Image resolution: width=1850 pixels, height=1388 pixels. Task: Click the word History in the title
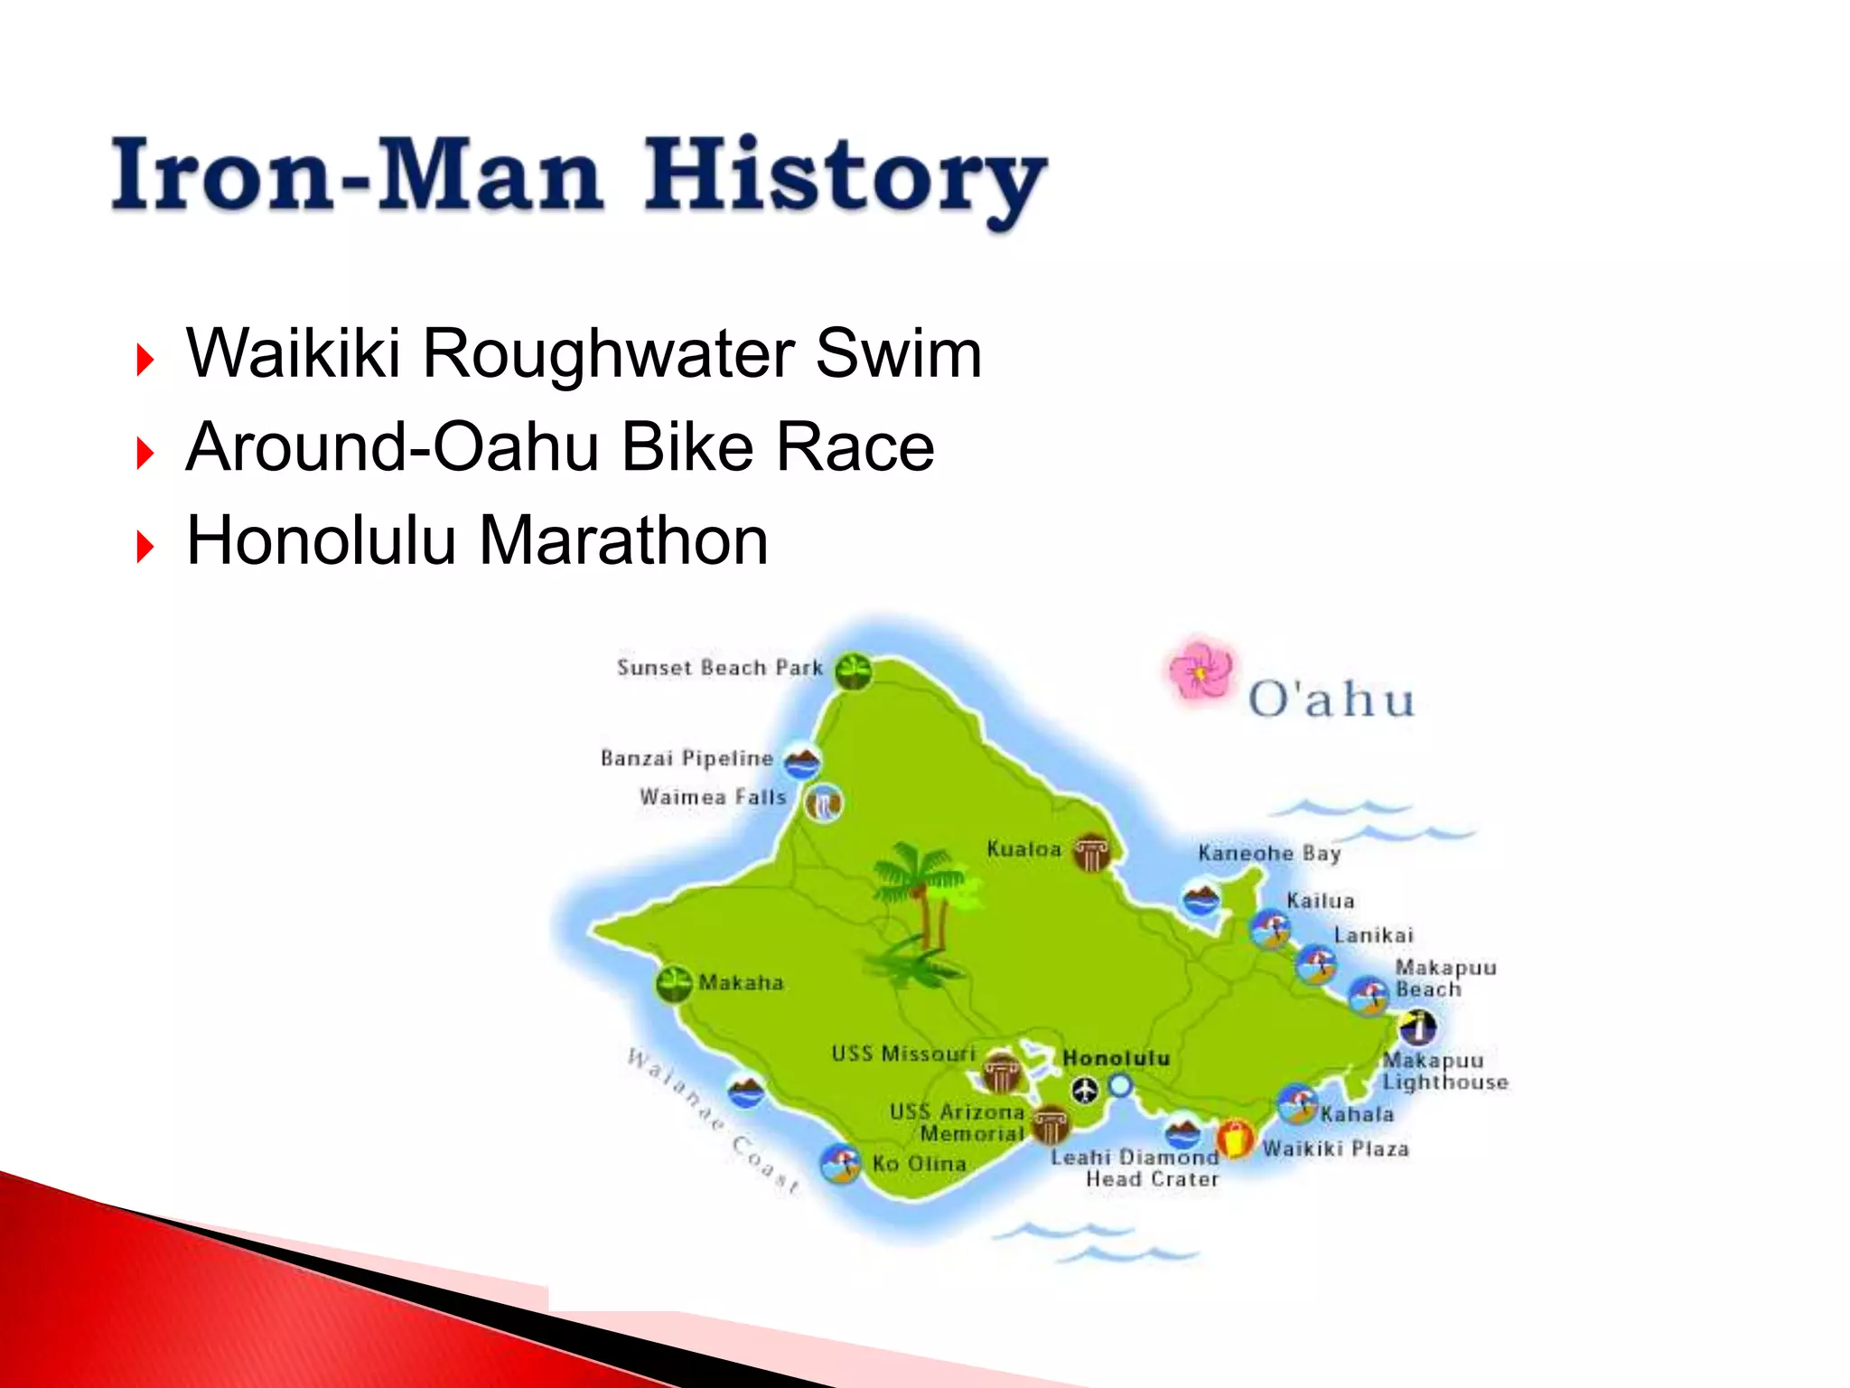[x=845, y=176]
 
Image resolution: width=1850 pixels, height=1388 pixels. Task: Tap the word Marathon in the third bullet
[x=623, y=540]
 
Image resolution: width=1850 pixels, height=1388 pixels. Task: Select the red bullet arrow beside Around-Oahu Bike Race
[x=145, y=452]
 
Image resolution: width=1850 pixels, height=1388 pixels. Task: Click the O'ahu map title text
[x=1331, y=699]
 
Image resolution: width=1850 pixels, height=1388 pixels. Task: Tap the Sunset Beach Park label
[x=720, y=668]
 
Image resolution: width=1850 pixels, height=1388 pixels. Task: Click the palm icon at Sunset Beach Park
[x=853, y=671]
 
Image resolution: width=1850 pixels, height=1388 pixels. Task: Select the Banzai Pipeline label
[x=687, y=758]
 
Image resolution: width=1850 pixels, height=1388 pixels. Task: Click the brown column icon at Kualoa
[x=1091, y=851]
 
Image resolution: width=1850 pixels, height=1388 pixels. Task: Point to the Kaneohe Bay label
[x=1269, y=853]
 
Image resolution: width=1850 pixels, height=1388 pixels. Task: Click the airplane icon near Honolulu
[x=1085, y=1091]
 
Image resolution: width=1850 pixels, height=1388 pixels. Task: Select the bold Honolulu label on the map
[x=1117, y=1058]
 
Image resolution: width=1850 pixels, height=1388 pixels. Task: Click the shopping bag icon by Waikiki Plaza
[x=1235, y=1139]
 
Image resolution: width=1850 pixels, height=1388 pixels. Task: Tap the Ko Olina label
[x=920, y=1164]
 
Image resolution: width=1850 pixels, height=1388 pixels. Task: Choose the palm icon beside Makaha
[x=673, y=984]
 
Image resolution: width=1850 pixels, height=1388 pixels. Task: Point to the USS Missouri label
[x=903, y=1054]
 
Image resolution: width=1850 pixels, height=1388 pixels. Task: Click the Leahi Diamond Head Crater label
[x=1135, y=1168]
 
